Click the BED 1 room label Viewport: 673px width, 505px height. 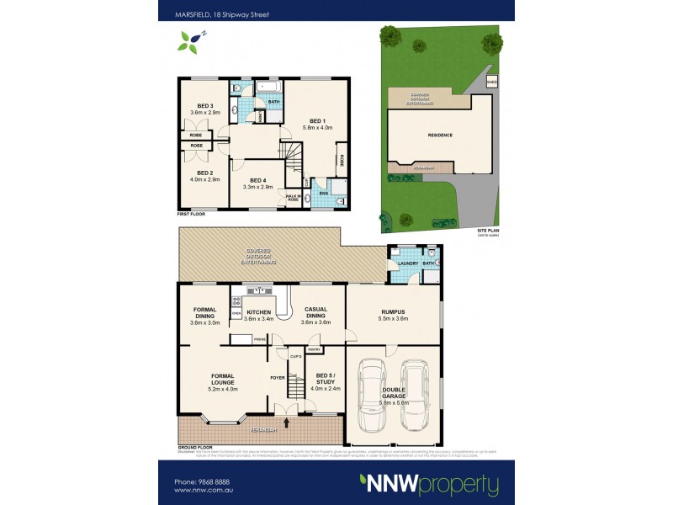point(318,120)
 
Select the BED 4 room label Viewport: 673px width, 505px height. point(254,180)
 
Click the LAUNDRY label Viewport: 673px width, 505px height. point(399,263)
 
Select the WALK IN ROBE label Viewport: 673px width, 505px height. point(294,198)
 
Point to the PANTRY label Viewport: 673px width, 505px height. point(315,348)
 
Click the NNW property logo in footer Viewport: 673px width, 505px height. point(429,485)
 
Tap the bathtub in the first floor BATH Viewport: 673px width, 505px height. point(273,88)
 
